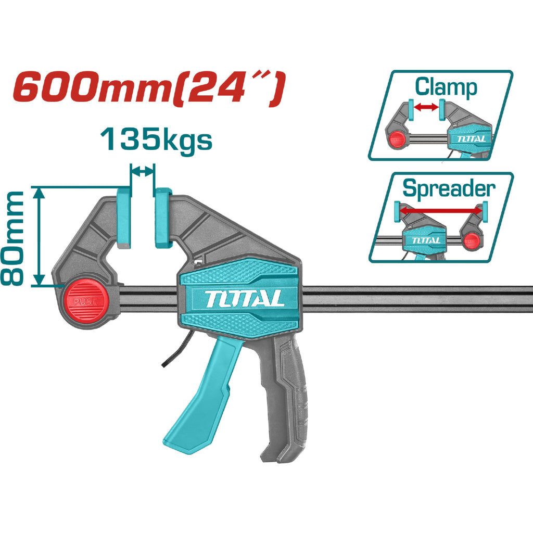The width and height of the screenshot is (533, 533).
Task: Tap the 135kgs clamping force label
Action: pyautogui.click(x=156, y=139)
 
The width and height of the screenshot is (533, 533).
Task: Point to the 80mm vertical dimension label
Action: pyautogui.click(x=12, y=238)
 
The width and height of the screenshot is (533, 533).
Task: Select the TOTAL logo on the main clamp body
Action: pyautogui.click(x=245, y=299)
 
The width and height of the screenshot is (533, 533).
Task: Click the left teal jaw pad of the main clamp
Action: pyautogui.click(x=124, y=218)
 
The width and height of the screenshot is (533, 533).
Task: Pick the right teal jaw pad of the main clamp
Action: pyautogui.click(x=163, y=218)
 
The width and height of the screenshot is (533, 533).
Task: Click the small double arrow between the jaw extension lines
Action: pyautogui.click(x=143, y=172)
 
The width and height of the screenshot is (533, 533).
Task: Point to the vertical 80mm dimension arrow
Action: pyautogui.click(x=40, y=237)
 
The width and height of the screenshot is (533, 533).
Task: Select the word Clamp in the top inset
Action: pyautogui.click(x=446, y=87)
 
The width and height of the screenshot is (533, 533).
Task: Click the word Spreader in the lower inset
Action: pyautogui.click(x=449, y=188)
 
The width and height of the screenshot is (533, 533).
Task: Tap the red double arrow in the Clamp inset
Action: pyautogui.click(x=426, y=107)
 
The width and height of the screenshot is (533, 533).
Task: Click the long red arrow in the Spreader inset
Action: pyautogui.click(x=440, y=211)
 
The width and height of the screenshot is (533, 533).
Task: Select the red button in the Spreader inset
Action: pyautogui.click(x=471, y=242)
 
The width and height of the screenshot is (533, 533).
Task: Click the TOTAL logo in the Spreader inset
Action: pyautogui.click(x=426, y=240)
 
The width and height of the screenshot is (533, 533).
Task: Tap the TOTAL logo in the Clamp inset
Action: pyautogui.click(x=471, y=138)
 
